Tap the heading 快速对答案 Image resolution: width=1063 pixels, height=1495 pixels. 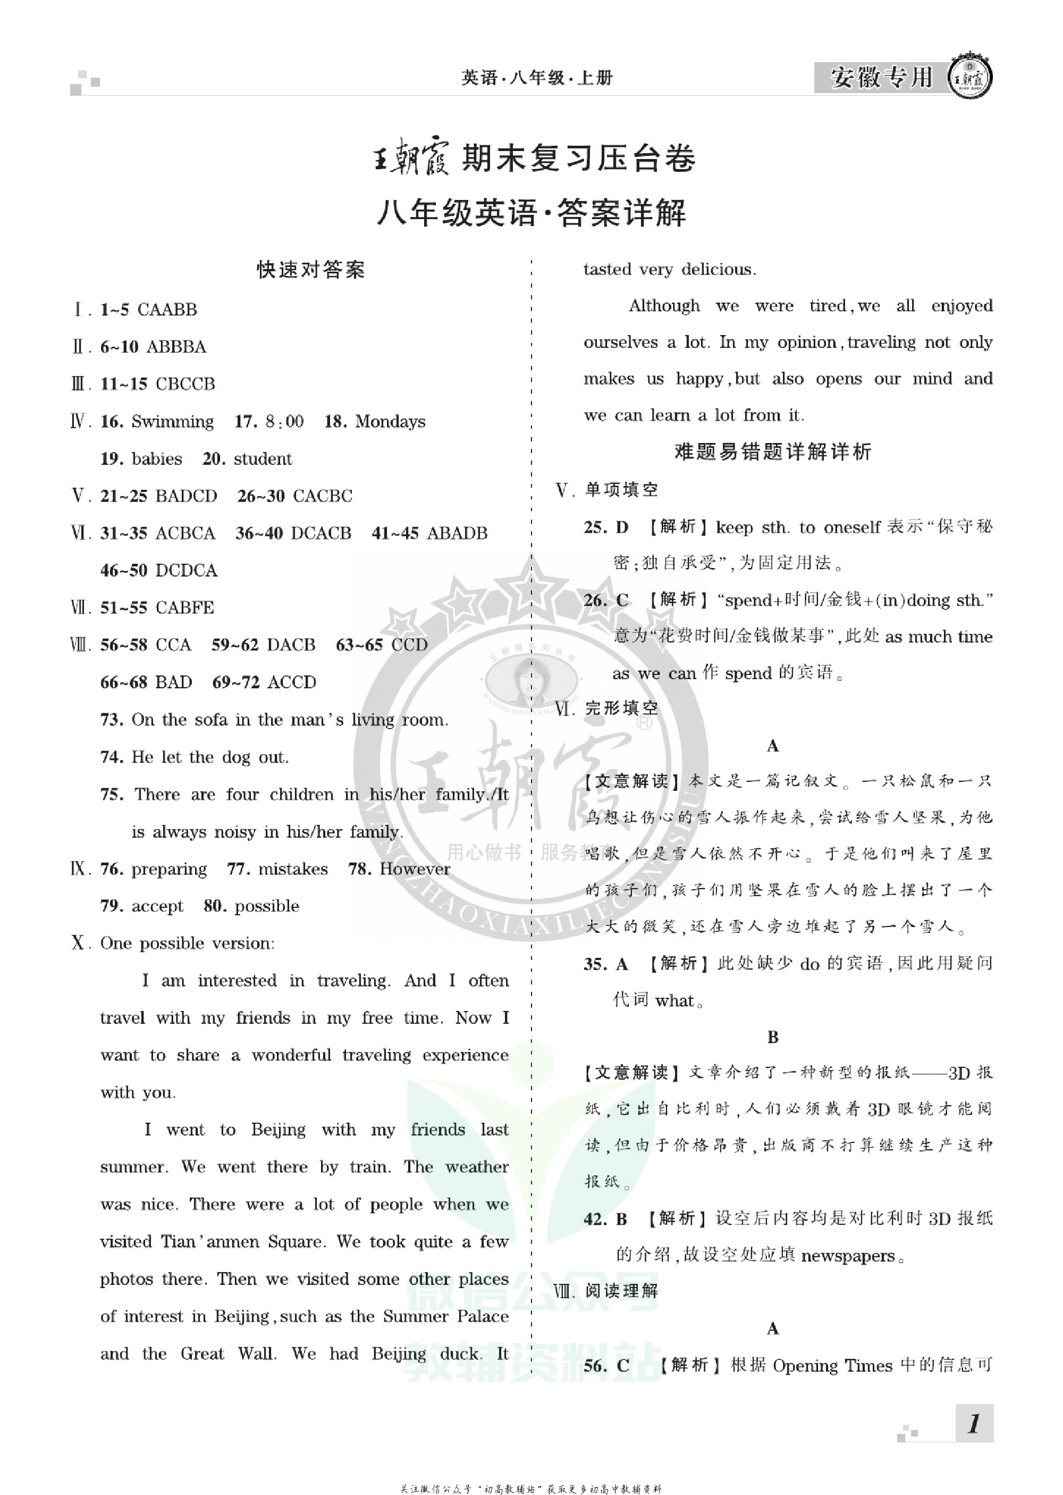(x=310, y=270)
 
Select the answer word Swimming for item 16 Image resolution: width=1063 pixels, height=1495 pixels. (x=172, y=422)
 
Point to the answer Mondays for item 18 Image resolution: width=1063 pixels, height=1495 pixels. (x=390, y=422)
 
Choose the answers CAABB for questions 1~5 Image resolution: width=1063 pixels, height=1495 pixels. (x=167, y=310)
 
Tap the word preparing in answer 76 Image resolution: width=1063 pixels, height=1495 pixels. (x=169, y=870)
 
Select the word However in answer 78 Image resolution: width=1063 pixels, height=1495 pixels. (x=415, y=870)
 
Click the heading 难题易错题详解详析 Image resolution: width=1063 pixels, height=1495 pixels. (x=772, y=452)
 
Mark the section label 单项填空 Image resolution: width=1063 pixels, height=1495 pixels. (x=621, y=490)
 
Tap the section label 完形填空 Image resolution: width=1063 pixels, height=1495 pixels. (x=621, y=708)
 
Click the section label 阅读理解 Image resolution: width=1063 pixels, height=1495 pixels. (x=621, y=1291)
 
